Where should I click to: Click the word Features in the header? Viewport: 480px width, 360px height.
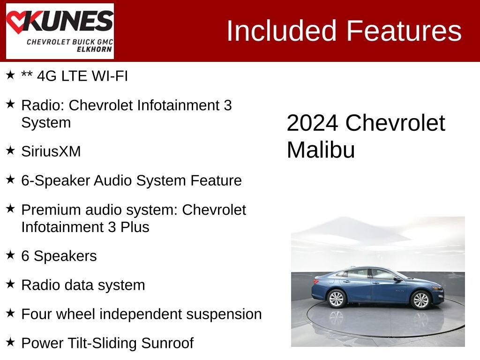point(404,31)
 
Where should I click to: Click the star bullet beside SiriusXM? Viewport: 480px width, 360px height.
point(10,150)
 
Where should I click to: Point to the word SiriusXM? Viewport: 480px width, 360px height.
point(51,151)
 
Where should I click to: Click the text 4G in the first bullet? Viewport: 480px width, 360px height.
point(46,76)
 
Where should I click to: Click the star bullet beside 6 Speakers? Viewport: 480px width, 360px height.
point(10,255)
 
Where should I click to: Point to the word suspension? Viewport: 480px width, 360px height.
point(224,314)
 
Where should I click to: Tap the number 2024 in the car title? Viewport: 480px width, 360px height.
point(312,123)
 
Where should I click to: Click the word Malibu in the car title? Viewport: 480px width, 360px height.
point(321,150)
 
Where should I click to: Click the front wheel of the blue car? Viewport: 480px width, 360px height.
point(420,300)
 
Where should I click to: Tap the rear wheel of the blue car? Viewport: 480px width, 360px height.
point(337,299)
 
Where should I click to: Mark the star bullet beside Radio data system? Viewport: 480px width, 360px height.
point(10,284)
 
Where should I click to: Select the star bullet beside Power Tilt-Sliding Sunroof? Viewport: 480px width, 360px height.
point(10,342)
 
